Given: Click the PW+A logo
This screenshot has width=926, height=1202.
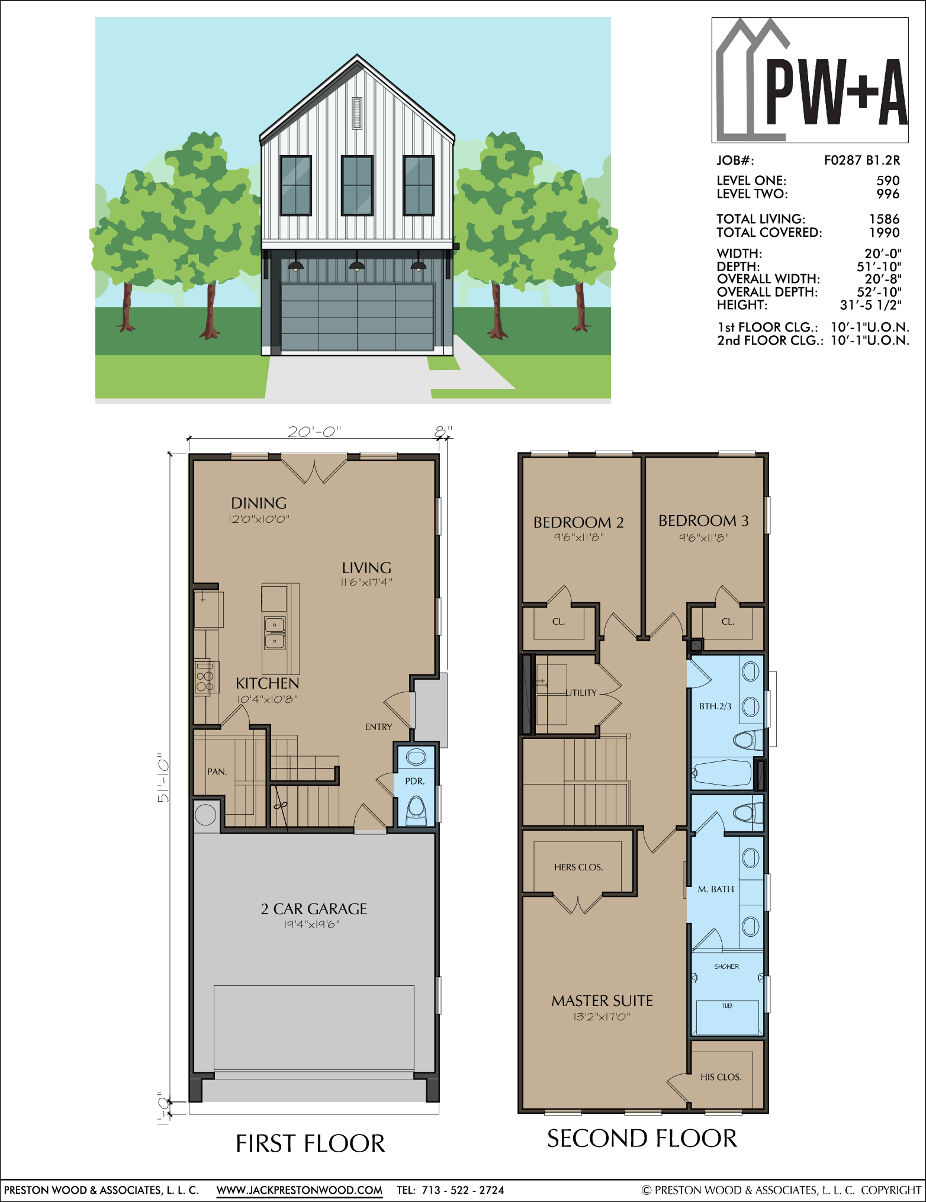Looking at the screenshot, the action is (x=810, y=80).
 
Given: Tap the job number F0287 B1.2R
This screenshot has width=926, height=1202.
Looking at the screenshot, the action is (x=862, y=160).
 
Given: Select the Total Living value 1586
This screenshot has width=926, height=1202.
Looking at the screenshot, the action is (x=885, y=219).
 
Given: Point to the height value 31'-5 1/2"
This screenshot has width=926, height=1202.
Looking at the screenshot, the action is (x=870, y=305).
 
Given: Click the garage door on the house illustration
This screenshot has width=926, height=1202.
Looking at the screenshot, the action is (x=357, y=317).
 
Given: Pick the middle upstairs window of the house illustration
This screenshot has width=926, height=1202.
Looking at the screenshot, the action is (x=357, y=185).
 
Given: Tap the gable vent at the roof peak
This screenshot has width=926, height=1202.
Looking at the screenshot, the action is (x=357, y=113).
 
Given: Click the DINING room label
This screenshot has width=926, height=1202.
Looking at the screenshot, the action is (x=259, y=503).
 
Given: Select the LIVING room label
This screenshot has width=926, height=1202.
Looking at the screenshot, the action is (x=366, y=568).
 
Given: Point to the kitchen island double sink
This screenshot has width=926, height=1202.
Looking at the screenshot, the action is (x=275, y=633).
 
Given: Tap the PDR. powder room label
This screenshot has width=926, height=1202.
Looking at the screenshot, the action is (x=414, y=781).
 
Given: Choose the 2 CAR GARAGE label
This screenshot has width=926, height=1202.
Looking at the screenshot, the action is (x=314, y=909).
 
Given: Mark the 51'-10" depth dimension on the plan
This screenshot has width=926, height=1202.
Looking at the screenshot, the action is (x=163, y=778).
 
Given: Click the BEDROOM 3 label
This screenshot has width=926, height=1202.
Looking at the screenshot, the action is (x=703, y=520).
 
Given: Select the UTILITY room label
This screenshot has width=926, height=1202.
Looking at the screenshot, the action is (x=581, y=693).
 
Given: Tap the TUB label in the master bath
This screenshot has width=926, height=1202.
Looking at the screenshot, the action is (x=727, y=1006).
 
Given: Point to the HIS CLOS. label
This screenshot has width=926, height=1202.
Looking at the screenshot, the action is (x=721, y=1077).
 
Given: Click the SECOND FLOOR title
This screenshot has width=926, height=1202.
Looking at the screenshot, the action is (x=642, y=1139).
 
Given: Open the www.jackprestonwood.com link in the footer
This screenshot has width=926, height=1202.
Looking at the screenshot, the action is (x=300, y=1190).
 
